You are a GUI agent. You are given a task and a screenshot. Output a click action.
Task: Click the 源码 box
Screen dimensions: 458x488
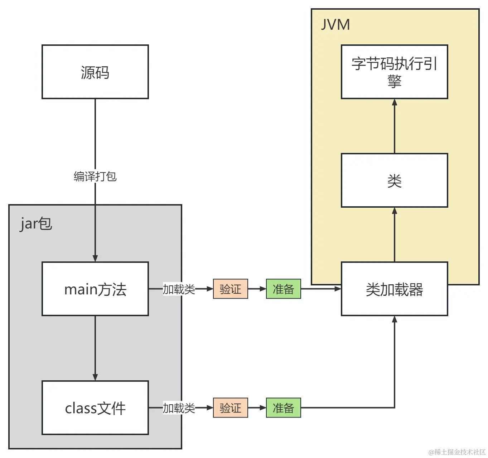(x=95, y=72)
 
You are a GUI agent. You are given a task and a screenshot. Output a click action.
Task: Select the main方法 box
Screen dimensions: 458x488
(x=95, y=289)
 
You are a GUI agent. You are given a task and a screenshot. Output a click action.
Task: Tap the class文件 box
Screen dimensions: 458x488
(x=95, y=408)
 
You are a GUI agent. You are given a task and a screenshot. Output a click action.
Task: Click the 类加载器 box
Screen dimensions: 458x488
(x=394, y=289)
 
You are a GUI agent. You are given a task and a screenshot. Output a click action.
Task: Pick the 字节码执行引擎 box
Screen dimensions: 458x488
(x=394, y=72)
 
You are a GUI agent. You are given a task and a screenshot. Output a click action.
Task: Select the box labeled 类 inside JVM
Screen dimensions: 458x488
(x=394, y=180)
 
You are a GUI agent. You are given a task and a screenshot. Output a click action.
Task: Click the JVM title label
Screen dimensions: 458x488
(x=335, y=25)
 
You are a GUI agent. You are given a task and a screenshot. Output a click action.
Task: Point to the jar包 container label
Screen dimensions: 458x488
(x=36, y=224)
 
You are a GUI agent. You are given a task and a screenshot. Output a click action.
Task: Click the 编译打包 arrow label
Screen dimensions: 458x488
(x=95, y=176)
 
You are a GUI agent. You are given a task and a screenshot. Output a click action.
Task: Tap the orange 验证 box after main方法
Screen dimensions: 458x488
(x=230, y=289)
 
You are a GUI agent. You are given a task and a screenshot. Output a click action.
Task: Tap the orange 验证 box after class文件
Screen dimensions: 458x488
(x=230, y=408)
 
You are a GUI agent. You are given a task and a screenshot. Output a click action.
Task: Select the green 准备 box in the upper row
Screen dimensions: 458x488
(x=283, y=289)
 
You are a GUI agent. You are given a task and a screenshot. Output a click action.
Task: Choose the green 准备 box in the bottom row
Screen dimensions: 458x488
(x=283, y=408)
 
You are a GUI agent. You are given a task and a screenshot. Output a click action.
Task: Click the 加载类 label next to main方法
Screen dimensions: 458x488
(x=179, y=289)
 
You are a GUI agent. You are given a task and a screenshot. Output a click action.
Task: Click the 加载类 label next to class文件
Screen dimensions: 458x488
(x=179, y=408)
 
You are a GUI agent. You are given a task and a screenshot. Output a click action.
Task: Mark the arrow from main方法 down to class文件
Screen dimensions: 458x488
(x=95, y=347)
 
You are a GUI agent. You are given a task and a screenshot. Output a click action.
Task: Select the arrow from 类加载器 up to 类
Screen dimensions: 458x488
(x=394, y=235)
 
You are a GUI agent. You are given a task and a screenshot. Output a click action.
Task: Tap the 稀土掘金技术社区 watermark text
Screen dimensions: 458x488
(x=457, y=452)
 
